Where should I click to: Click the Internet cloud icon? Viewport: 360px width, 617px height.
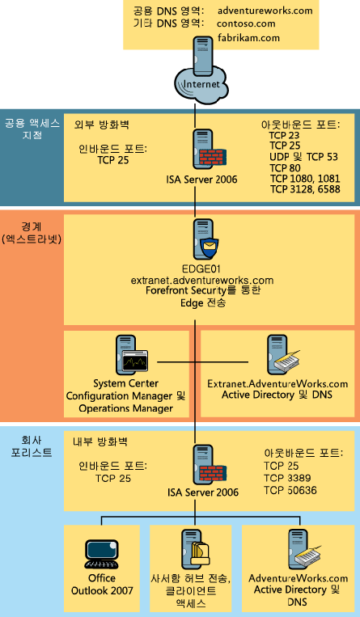point(201,84)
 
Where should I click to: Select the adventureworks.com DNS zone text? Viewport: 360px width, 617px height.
point(265,11)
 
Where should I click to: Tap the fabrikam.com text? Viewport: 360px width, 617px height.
point(248,38)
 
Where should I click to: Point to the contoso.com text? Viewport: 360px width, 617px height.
point(246,23)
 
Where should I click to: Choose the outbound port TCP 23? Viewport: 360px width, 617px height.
point(285,136)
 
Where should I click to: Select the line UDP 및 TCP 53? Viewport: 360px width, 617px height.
point(303,157)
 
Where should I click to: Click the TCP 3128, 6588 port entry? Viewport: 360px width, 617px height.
point(305,189)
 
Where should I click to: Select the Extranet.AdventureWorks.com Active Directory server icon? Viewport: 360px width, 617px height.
point(283,354)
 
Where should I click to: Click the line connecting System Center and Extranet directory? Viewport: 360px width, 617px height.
point(202,361)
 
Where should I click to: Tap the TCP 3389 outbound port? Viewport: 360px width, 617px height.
point(287,478)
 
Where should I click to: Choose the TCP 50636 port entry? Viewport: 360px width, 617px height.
point(290,490)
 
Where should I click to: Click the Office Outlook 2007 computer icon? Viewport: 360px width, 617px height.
point(102,555)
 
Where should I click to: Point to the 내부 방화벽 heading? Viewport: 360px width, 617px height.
point(100,442)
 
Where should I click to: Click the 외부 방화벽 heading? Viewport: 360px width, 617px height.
point(102,125)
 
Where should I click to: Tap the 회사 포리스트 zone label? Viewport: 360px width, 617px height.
point(32,446)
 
